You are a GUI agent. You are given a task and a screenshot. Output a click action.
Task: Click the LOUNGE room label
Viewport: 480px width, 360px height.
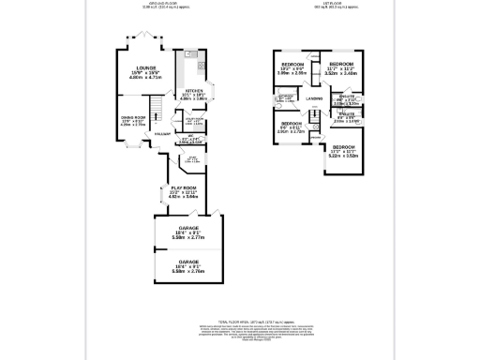[x=145, y=68]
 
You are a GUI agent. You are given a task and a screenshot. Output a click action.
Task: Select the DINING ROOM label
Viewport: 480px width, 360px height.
[x=132, y=116]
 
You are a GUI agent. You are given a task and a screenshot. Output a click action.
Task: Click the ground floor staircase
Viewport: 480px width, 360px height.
[x=159, y=114]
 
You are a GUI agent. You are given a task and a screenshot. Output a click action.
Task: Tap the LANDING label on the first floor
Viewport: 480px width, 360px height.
[x=314, y=98]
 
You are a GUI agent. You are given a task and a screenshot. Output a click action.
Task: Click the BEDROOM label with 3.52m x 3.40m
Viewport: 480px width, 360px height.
[x=338, y=64]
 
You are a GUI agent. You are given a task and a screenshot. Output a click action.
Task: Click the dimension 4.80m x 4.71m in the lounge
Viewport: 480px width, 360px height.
[x=145, y=79]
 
